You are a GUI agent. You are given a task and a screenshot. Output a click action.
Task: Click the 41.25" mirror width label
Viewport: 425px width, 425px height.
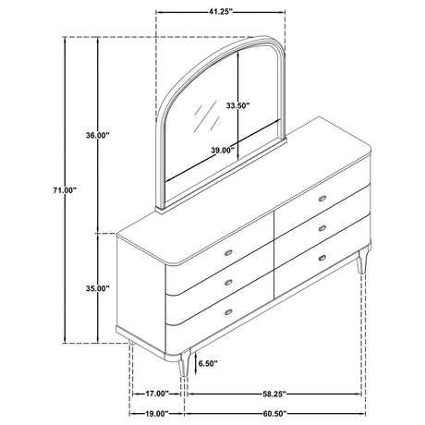click(x=220, y=12)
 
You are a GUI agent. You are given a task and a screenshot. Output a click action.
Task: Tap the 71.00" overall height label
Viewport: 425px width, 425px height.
click(x=64, y=190)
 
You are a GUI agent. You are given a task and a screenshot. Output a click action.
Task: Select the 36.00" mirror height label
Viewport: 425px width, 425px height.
click(x=98, y=135)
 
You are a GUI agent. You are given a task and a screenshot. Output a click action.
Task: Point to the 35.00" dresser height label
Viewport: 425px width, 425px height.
click(x=98, y=288)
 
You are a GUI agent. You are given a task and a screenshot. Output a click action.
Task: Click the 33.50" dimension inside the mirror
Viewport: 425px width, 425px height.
click(x=237, y=105)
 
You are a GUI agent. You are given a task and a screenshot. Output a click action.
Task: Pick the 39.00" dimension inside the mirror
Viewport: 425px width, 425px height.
click(x=223, y=151)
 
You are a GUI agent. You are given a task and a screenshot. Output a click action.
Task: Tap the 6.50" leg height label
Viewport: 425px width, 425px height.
click(x=208, y=364)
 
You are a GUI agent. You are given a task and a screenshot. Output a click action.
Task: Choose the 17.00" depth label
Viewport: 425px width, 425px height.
click(x=157, y=394)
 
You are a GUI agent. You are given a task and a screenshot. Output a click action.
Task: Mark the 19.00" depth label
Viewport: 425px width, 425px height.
click(x=157, y=413)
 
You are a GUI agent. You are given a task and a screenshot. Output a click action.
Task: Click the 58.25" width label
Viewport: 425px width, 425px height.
click(x=274, y=394)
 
